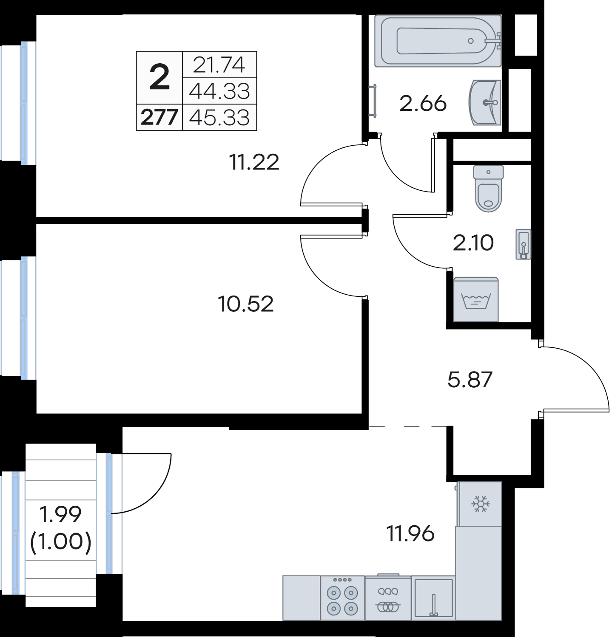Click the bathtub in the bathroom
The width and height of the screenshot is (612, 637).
pyautogui.click(x=438, y=41)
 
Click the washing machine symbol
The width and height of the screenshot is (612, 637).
pyautogui.click(x=476, y=299)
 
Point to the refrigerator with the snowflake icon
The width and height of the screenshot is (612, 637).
pyautogui.click(x=480, y=504)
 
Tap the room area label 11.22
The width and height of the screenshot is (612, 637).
pyautogui.click(x=254, y=162)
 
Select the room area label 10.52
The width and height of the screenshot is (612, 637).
pyautogui.click(x=245, y=304)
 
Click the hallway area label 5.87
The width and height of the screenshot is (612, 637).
pyautogui.click(x=470, y=379)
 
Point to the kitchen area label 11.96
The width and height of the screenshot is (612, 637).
pyautogui.click(x=410, y=533)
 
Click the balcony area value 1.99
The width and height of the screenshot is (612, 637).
pyautogui.click(x=60, y=515)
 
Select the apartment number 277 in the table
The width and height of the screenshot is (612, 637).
pyautogui.click(x=159, y=117)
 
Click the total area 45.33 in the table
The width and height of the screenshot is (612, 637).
pyautogui.click(x=219, y=117)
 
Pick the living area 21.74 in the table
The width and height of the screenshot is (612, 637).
pyautogui.click(x=219, y=65)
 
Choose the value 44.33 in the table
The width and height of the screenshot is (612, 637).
pyautogui.click(x=219, y=91)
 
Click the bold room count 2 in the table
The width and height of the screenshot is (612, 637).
pyautogui.click(x=159, y=78)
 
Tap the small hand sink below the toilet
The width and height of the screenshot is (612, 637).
pyautogui.click(x=523, y=244)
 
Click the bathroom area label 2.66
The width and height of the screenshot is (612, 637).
pyautogui.click(x=423, y=103)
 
